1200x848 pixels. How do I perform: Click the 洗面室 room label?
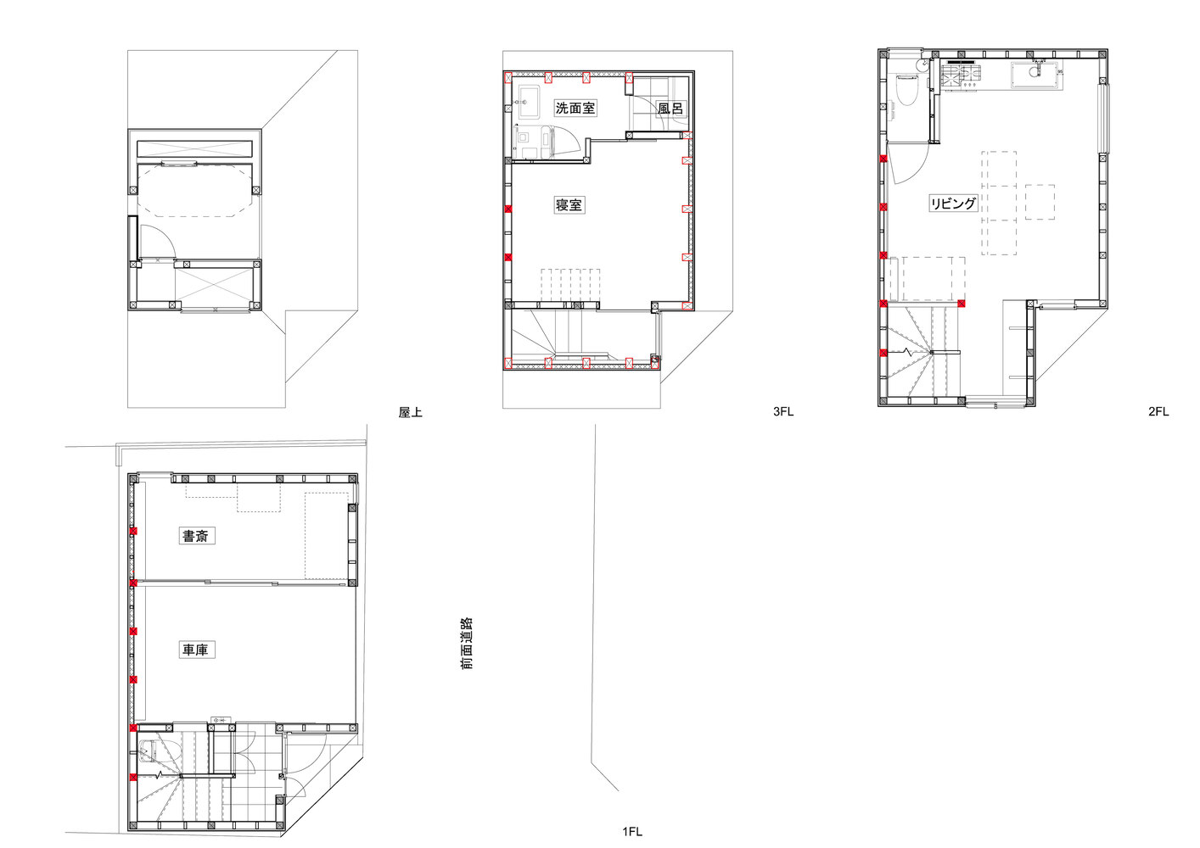tap(575, 109)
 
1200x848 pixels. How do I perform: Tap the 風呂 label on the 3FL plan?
tap(670, 109)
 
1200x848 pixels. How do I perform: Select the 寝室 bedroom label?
tap(569, 205)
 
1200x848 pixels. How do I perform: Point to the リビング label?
tap(953, 204)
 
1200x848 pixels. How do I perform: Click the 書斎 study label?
tap(197, 536)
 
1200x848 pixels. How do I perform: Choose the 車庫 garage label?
tap(197, 650)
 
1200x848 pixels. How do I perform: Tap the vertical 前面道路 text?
tap(468, 644)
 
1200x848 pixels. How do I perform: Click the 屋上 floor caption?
tap(411, 412)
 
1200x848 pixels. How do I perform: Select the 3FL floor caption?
tap(783, 411)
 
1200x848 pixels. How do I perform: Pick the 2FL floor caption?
tap(1158, 411)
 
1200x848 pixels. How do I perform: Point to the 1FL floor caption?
tap(632, 832)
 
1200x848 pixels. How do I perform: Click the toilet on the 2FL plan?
tap(907, 91)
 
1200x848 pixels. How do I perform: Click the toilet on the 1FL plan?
tap(149, 751)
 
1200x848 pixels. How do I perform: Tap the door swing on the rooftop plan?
tap(157, 243)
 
